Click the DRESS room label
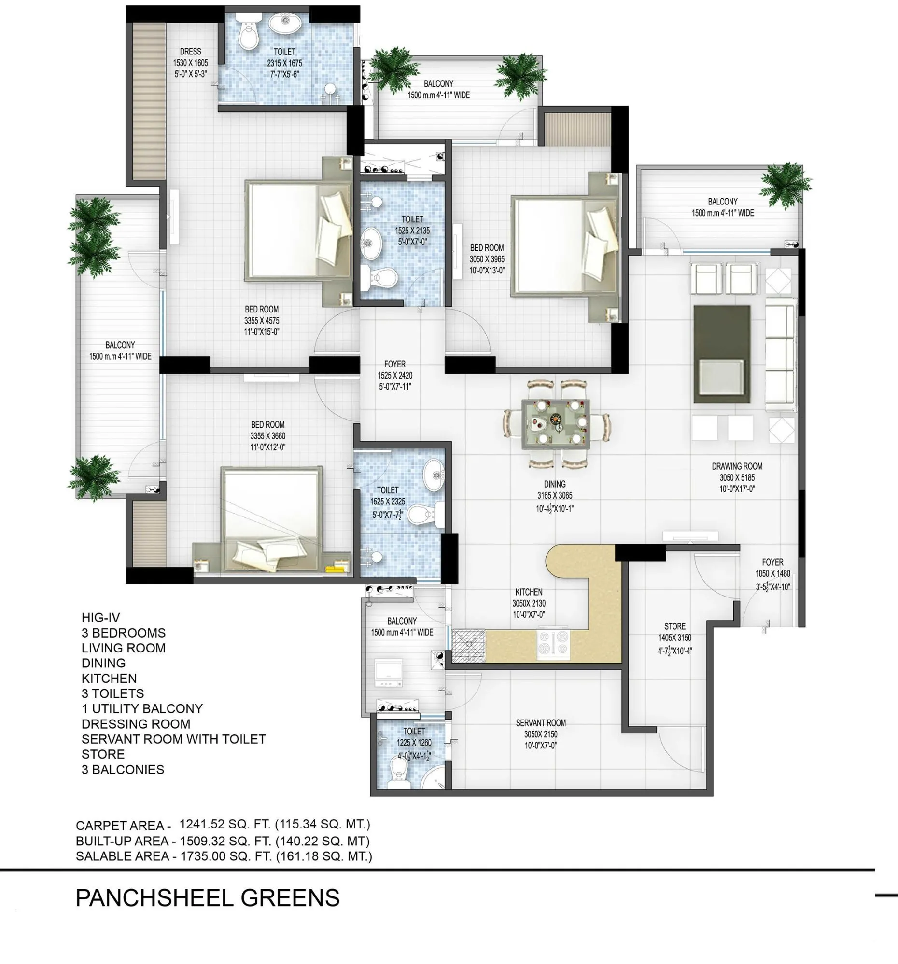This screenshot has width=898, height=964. tap(190, 52)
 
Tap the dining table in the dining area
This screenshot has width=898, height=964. tap(556, 424)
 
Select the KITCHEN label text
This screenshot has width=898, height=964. tap(529, 592)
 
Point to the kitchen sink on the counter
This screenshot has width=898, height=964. tap(468, 646)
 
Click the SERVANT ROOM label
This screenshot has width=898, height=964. tap(540, 723)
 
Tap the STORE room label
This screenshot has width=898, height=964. tap(674, 626)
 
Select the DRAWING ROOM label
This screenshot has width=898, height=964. tap(736, 466)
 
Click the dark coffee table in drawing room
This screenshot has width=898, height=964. tap(721, 353)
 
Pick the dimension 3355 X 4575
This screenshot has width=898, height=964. tap(261, 321)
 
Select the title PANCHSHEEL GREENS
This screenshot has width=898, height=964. tap(207, 898)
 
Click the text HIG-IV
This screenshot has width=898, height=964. tap(100, 618)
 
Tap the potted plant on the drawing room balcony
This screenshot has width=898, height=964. tap(784, 185)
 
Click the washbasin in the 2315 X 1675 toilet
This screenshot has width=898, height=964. tap(285, 24)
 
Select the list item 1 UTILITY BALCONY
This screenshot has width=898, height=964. tap(142, 708)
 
